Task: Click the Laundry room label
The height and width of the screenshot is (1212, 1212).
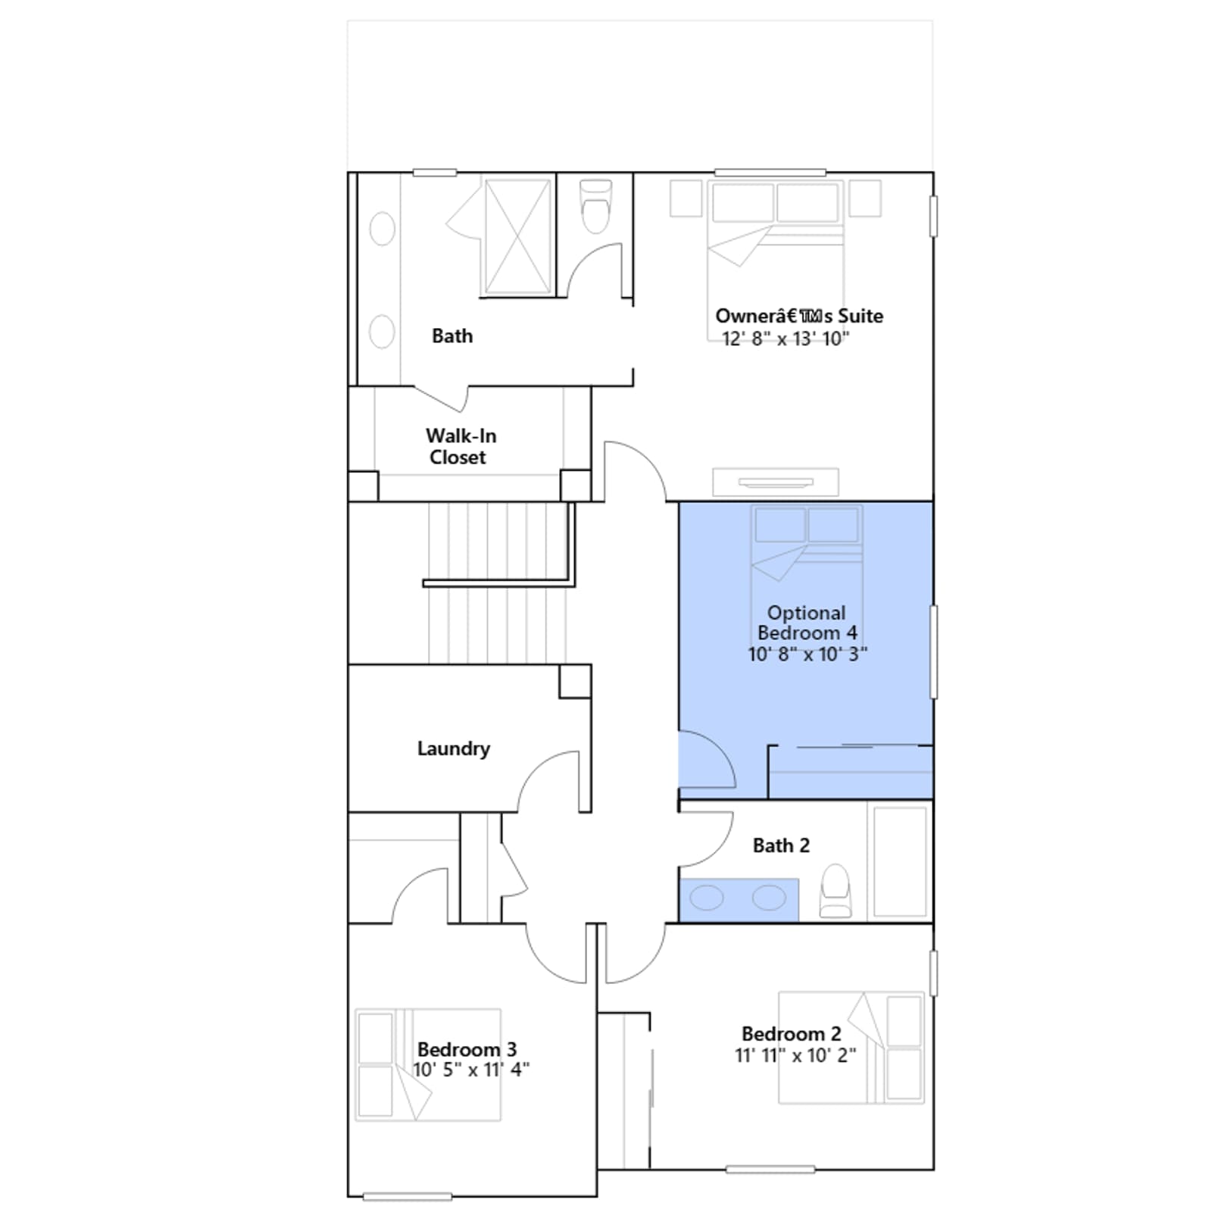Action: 453,749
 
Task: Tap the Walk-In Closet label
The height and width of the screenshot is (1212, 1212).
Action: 460,446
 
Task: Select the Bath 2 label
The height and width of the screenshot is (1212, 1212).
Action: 781,845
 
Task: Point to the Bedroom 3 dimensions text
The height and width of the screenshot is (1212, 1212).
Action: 471,1070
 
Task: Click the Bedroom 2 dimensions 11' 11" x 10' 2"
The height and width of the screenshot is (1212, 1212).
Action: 795,1055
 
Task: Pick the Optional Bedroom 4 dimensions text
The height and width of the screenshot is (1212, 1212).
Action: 807,654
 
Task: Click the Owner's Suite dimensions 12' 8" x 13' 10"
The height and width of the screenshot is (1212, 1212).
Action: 786,339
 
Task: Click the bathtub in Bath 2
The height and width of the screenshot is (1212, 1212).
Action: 900,861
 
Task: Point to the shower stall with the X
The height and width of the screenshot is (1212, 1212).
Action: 518,236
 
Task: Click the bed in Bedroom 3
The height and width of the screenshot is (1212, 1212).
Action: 428,1064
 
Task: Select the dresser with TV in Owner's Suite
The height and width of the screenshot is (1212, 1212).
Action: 776,483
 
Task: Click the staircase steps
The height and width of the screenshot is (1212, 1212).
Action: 497,583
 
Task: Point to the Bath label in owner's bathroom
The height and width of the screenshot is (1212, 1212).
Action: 452,336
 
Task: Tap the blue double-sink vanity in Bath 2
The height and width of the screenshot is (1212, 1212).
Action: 739,900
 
